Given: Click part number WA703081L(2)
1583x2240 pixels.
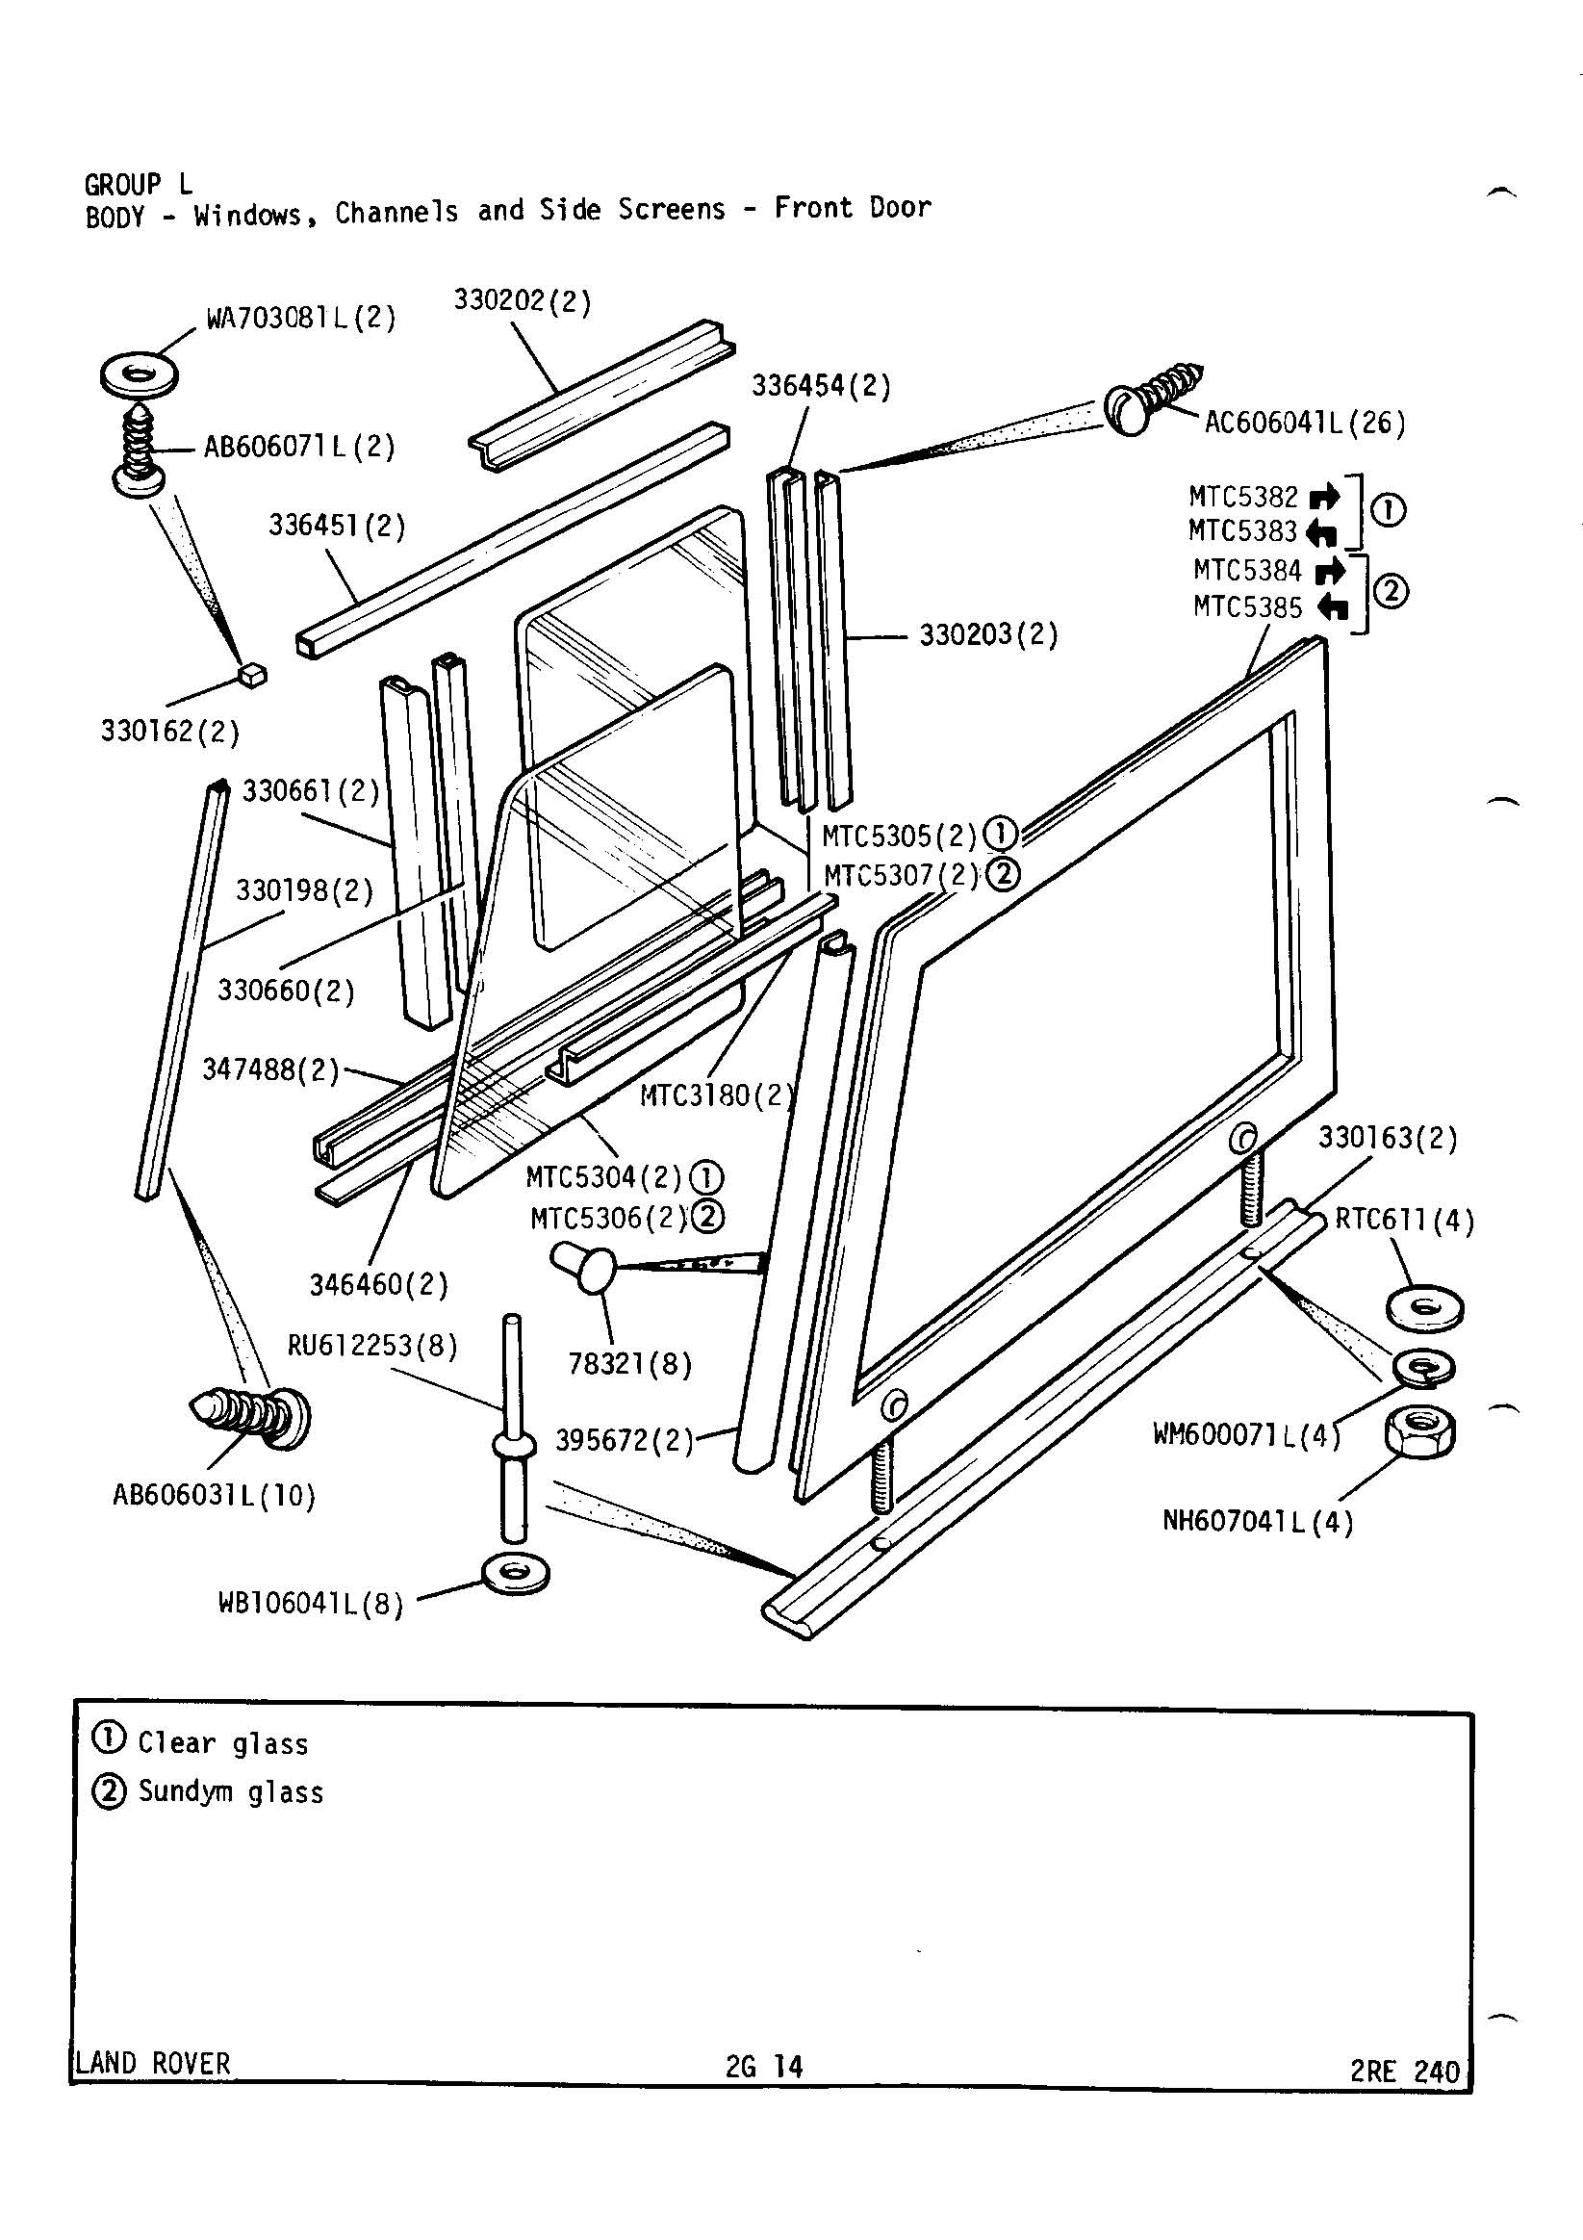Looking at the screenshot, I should [300, 318].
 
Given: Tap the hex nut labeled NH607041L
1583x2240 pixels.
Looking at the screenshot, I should [1419, 1433].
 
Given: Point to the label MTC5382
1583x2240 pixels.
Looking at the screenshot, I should [1242, 498].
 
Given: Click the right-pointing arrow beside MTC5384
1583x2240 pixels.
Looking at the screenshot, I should [1329, 570].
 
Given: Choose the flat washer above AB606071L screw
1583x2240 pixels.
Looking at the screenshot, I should [140, 373].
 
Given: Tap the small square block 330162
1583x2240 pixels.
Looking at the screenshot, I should [253, 674].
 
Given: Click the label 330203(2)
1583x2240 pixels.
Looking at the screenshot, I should [988, 636].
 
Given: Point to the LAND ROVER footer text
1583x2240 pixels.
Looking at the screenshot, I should [153, 2062].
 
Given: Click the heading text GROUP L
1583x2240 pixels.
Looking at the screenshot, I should [138, 184].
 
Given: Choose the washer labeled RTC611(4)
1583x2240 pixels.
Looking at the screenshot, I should [1425, 1306].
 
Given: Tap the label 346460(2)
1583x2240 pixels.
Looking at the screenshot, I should [378, 1284].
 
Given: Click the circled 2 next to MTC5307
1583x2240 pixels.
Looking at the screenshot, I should [1003, 874].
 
